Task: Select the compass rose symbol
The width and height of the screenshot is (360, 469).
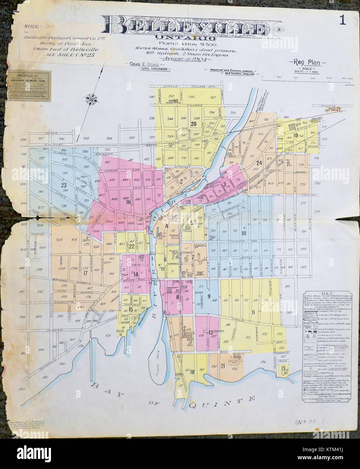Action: click(x=92, y=99)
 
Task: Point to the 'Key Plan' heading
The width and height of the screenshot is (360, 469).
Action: click(x=307, y=63)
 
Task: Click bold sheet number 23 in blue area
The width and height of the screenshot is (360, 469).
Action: click(x=63, y=185)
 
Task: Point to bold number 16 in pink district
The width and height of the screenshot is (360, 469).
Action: click(x=128, y=202)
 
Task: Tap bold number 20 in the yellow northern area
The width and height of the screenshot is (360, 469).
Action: click(x=194, y=124)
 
